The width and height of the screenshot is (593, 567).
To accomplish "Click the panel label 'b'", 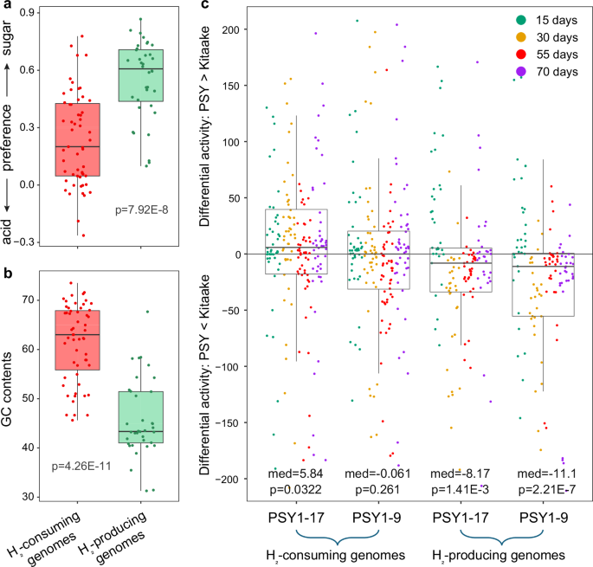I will pos(6,275).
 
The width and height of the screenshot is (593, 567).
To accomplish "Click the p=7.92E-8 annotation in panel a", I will pos(147,209).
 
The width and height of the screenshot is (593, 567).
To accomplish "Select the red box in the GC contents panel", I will pos(76,339).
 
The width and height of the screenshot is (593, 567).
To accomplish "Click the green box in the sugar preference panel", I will pos(140,75).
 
